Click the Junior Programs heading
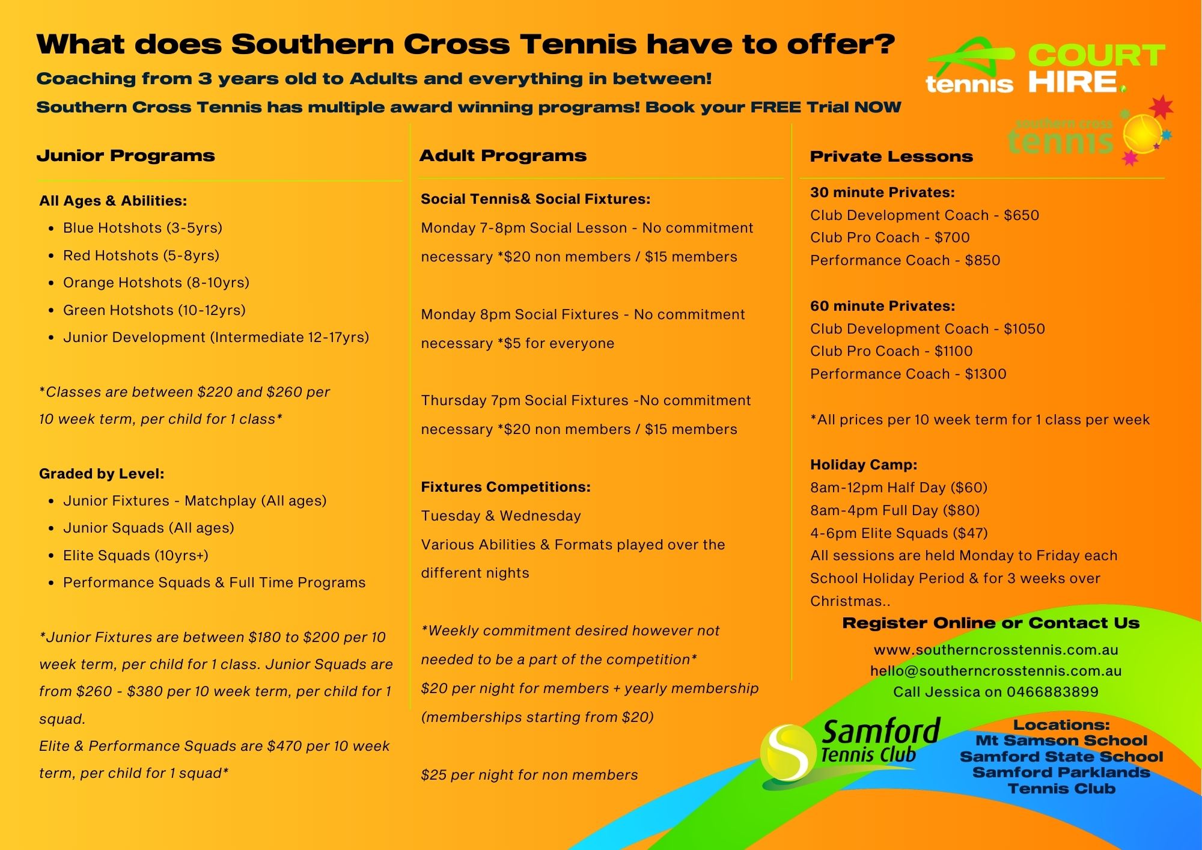(x=126, y=156)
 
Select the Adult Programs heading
(x=502, y=156)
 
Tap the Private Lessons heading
(x=891, y=157)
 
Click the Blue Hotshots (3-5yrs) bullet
(x=142, y=228)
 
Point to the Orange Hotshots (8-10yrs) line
(x=156, y=283)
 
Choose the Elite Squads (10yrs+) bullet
(x=135, y=555)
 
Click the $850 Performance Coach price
(x=983, y=260)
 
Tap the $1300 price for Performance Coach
(x=986, y=374)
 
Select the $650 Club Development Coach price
(x=1021, y=215)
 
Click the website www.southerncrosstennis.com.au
(x=995, y=650)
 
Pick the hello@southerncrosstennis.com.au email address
(x=995, y=671)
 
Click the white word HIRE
(x=1072, y=82)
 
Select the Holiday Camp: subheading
(x=863, y=465)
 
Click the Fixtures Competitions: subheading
(x=505, y=487)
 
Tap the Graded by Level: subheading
(x=102, y=474)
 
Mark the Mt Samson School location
(x=1061, y=741)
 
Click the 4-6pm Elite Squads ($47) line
(x=898, y=533)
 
